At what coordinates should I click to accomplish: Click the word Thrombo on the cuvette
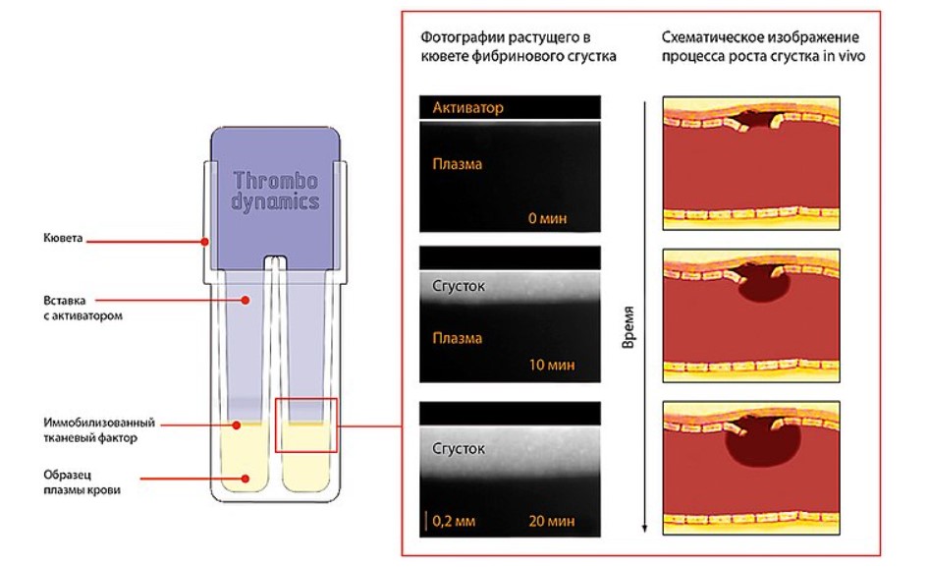tap(276, 181)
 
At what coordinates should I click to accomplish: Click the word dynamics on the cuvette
tap(275, 202)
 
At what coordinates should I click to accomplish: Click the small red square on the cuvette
tap(305, 425)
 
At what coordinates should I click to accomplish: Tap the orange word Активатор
tap(467, 108)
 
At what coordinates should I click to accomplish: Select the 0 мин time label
tap(548, 217)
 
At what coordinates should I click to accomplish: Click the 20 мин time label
tap(549, 521)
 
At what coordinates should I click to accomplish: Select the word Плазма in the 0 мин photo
tap(457, 164)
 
